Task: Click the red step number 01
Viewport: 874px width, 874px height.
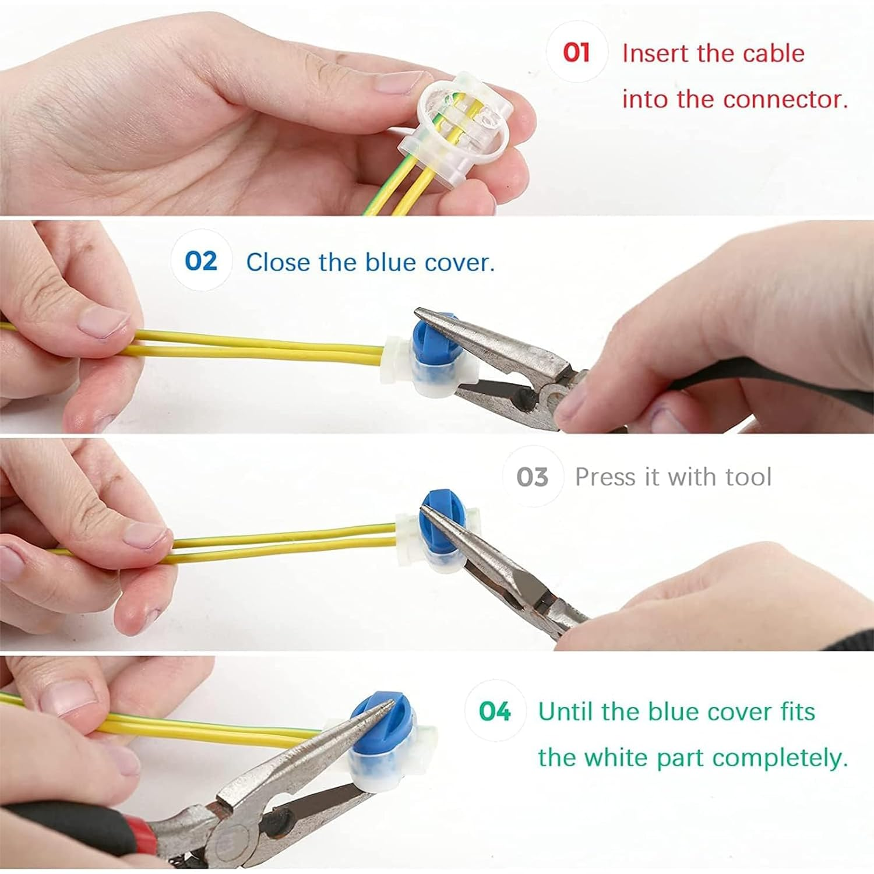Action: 576,52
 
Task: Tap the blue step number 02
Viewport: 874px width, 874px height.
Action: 201,260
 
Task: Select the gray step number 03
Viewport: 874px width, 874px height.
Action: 532,477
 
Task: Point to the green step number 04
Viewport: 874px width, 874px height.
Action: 495,711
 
